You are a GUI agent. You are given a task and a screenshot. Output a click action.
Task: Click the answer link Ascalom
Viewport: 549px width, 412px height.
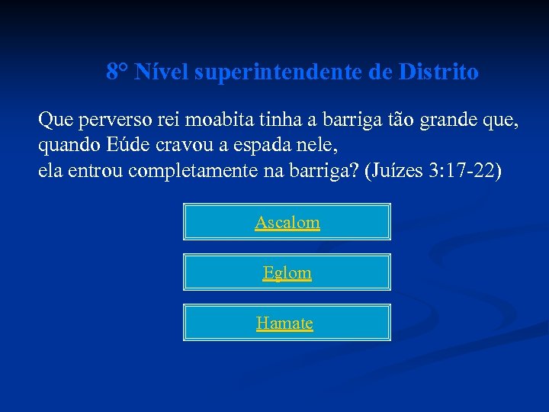tap(287, 222)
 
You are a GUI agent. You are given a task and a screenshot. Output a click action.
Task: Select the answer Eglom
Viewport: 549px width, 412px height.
tap(287, 272)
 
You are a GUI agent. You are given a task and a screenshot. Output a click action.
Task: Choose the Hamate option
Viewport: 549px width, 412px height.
tap(284, 323)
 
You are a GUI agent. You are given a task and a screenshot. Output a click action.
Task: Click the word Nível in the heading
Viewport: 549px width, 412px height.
tap(162, 72)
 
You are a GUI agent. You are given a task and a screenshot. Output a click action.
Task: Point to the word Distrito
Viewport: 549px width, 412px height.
tap(438, 72)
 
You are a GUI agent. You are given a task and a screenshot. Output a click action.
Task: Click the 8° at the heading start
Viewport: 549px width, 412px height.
tap(117, 72)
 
